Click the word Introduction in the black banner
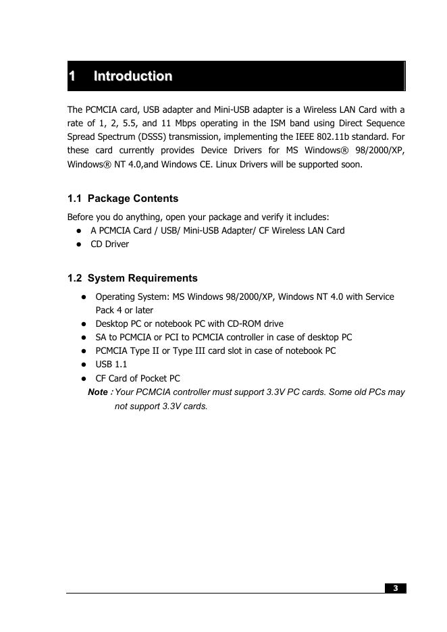(133, 76)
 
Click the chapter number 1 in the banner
(72, 76)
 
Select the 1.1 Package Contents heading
(123, 199)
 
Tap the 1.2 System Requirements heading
(132, 278)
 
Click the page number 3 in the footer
(396, 588)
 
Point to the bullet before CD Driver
(79, 244)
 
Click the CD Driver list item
(109, 244)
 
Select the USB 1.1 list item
(111, 365)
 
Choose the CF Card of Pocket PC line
(138, 378)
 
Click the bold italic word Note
(98, 392)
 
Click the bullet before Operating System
(84, 297)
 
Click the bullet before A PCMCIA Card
(79, 231)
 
